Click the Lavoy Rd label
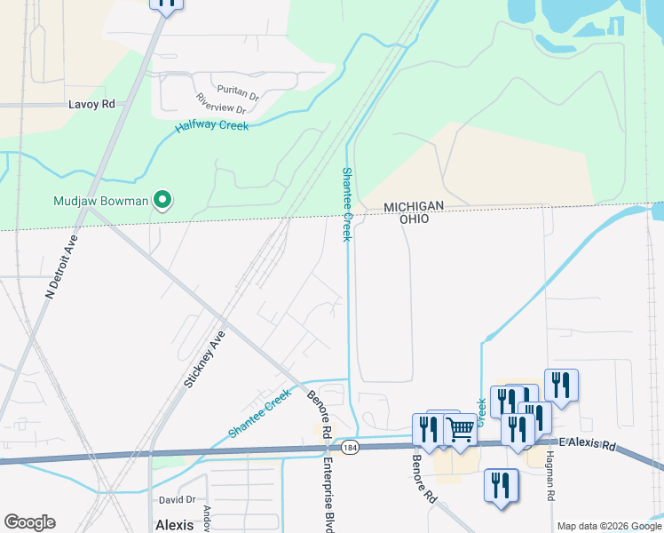tap(92, 104)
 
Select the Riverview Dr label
tap(220, 104)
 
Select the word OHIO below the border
tap(414, 219)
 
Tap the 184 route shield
tap(351, 447)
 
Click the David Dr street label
tap(177, 500)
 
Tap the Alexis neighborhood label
tap(174, 524)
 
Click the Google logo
tap(29, 522)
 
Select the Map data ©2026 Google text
tap(608, 526)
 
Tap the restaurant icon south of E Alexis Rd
tap(501, 485)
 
